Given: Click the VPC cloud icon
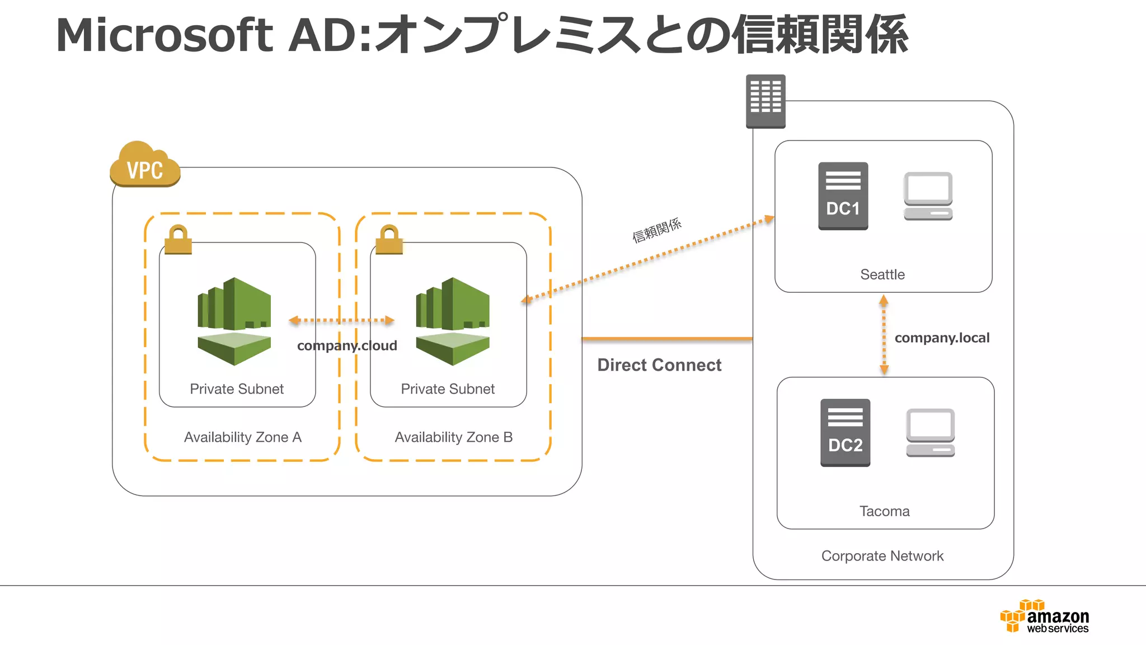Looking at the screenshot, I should pos(145,165).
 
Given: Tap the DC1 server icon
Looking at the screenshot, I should pos(843,196).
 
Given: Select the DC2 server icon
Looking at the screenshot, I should pos(845,432).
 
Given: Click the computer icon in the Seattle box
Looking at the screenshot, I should pos(928,196).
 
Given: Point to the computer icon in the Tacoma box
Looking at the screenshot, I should pos(930,432).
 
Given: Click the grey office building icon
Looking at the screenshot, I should pos(765,101).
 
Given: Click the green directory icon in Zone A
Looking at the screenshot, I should pos(234,321).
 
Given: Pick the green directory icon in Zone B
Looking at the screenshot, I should pos(452,321).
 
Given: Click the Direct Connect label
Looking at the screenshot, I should pos(659,365).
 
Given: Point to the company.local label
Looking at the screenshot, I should pos(942,338).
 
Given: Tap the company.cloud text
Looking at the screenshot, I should pos(347,345).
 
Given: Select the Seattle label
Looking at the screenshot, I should pos(882,274).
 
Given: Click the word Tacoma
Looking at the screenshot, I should pos(884,511).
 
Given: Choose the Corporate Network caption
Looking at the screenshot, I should pos(882,556).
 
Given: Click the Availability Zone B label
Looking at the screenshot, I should pos(453,437).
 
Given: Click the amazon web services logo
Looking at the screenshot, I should pos(1045,616).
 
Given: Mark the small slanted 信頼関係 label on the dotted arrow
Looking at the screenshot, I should pos(656,230).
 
